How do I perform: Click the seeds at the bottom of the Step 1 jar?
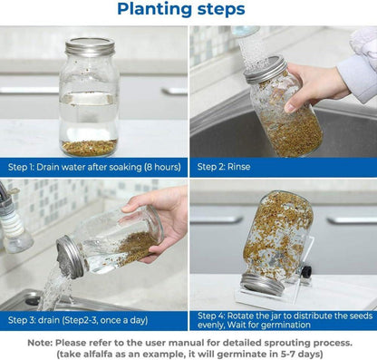pyautogui.click(x=88, y=147)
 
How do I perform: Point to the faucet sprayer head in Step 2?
pyautogui.click(x=246, y=31)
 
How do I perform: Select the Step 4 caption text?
pyautogui.click(x=282, y=319)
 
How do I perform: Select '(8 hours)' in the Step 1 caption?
pyautogui.click(x=149, y=167)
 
